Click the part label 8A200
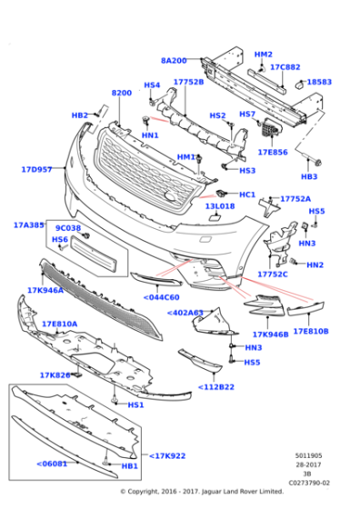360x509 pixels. pos(174,60)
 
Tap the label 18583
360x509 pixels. pos(319,82)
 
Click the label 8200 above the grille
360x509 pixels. pos(121,93)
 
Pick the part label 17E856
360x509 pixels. pos(273,152)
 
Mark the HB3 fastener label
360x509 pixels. pos(309,176)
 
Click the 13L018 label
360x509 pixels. pos(219,206)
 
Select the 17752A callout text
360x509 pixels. pos(295,198)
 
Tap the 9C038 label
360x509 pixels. pos(68,228)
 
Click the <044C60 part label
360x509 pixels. pos(161,296)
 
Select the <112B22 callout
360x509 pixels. pos(217,387)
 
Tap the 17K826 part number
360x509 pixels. pos(55,374)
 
